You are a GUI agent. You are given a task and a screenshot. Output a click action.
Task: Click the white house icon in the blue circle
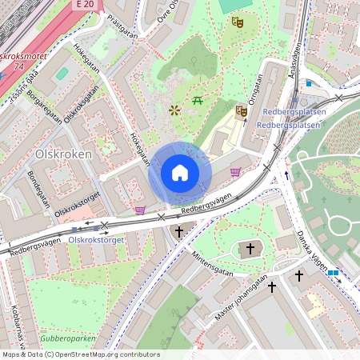point(180,173)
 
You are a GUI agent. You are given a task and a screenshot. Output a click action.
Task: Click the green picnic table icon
point(198,100)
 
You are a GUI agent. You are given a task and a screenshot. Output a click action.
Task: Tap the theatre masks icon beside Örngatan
point(242,110)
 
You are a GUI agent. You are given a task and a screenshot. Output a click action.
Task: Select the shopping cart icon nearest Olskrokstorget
point(140,210)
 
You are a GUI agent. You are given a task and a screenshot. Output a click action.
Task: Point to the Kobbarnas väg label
point(16,324)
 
